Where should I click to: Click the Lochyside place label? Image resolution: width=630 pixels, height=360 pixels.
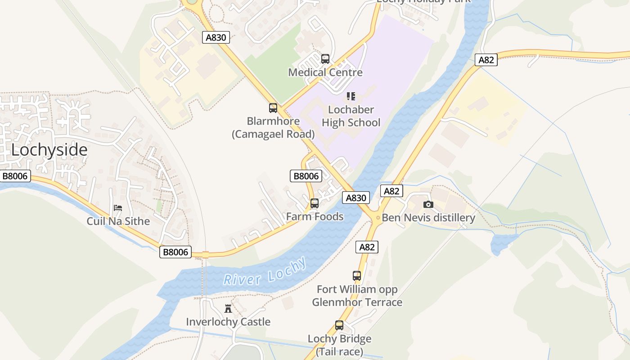[x=49, y=150]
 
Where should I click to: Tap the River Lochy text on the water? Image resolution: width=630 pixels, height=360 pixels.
[x=265, y=272]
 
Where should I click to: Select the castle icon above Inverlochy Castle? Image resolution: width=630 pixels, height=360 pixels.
[x=228, y=309]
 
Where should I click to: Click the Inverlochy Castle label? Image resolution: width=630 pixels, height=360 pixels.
[x=228, y=322]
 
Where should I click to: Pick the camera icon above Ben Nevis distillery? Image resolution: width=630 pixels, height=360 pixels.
[x=428, y=205]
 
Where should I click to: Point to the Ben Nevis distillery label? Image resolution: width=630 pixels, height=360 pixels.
[x=428, y=218]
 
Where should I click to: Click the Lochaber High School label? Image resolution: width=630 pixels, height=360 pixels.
[x=351, y=116]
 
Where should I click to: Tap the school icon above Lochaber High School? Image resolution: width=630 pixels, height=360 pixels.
[x=351, y=96]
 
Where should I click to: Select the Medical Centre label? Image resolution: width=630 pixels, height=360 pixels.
[x=325, y=72]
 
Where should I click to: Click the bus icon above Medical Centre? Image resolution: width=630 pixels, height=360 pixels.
[x=325, y=59]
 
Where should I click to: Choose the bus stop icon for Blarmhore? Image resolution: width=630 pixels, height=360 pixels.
[x=273, y=108]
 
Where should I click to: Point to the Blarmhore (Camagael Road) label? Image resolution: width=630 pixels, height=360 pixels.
[x=273, y=127]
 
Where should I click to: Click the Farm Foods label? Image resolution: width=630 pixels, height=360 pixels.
[x=315, y=216]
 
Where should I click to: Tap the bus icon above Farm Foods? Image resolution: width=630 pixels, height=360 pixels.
[x=315, y=203]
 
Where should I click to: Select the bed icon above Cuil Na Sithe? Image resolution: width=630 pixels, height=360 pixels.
[x=118, y=208]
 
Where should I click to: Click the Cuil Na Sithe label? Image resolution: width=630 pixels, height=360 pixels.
[x=118, y=221]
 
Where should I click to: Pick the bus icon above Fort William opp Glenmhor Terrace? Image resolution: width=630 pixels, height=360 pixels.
[x=357, y=276]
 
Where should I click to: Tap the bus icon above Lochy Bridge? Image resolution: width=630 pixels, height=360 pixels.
[x=339, y=325]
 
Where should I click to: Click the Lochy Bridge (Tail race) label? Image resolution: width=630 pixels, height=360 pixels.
[x=339, y=345]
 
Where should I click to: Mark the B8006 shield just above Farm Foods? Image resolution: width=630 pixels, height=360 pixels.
[x=306, y=176]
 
